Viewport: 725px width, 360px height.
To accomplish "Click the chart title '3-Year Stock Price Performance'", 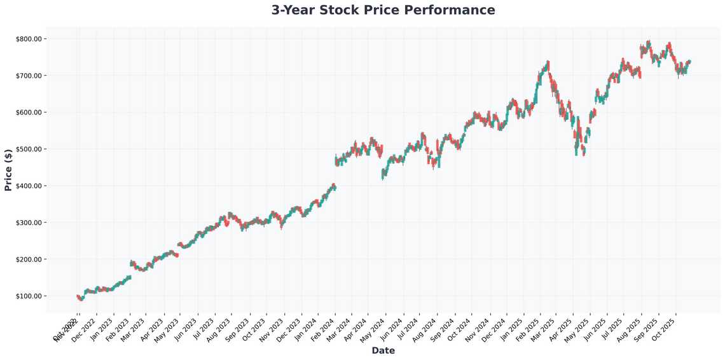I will pos(383,10).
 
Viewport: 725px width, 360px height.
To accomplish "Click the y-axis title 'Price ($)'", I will pos(8,170).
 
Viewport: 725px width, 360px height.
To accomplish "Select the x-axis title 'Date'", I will pos(383,350).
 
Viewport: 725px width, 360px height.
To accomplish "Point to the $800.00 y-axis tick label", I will pos(29,39).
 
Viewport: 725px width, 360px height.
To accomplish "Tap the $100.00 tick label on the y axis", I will pos(29,296).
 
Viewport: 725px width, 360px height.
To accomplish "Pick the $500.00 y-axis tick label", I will pos(29,149).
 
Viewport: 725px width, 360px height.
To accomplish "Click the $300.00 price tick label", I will pos(29,223).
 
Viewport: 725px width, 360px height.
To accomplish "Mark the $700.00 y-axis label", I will pos(29,76).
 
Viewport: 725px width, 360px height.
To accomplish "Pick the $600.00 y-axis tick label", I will pos(29,113).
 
